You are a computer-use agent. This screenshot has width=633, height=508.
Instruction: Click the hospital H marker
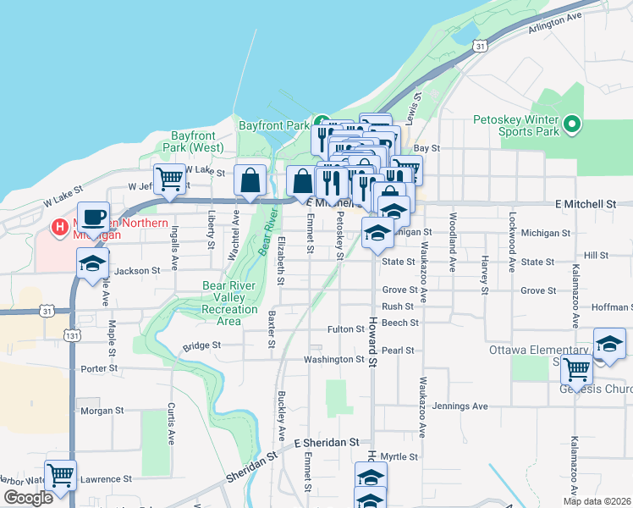60,227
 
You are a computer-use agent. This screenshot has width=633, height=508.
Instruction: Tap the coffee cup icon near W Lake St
93,216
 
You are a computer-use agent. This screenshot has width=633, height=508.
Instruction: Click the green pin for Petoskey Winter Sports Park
572,125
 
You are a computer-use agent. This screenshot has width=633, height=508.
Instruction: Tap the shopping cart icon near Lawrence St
60,475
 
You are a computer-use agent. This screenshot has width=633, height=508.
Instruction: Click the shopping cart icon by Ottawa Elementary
576,368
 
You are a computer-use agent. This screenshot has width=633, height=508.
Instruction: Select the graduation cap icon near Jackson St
93,262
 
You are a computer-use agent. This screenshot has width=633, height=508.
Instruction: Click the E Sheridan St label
328,443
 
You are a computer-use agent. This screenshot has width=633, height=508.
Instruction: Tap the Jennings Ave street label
460,406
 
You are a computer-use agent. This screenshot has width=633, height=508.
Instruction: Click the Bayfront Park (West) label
196,141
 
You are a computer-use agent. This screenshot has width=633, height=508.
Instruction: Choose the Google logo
28,498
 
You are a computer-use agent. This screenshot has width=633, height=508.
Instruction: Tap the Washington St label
334,360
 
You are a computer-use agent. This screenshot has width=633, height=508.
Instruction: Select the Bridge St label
201,345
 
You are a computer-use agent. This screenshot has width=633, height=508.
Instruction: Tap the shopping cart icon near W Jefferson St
170,179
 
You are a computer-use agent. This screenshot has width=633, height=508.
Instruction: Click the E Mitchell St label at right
586,204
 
